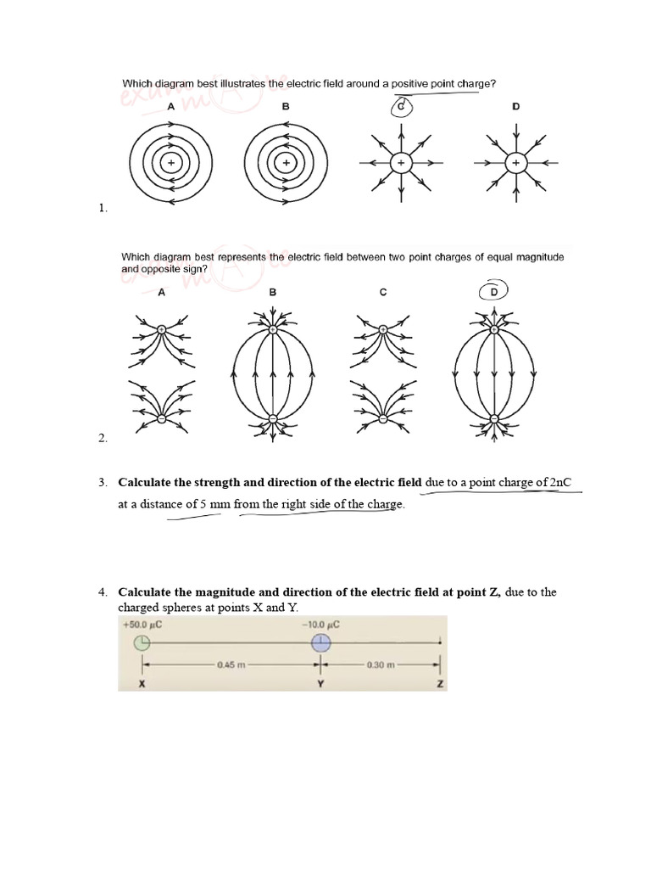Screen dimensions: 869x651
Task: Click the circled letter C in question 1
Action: point(402,107)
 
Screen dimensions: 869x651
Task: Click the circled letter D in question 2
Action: point(494,292)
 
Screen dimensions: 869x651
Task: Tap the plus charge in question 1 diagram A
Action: point(171,162)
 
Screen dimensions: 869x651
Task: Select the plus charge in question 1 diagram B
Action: point(287,162)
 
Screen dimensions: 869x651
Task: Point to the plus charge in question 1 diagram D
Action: point(515,162)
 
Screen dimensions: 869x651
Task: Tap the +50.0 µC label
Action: point(142,625)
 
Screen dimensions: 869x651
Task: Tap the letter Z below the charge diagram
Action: point(440,683)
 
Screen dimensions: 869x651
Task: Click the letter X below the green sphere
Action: point(142,683)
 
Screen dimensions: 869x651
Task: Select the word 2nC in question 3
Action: point(560,483)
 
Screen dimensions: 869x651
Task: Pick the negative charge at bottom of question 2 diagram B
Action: point(273,418)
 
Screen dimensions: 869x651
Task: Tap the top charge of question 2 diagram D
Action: point(494,328)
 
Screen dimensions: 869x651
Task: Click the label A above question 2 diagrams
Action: point(160,292)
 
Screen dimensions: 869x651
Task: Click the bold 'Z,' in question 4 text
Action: point(495,592)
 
